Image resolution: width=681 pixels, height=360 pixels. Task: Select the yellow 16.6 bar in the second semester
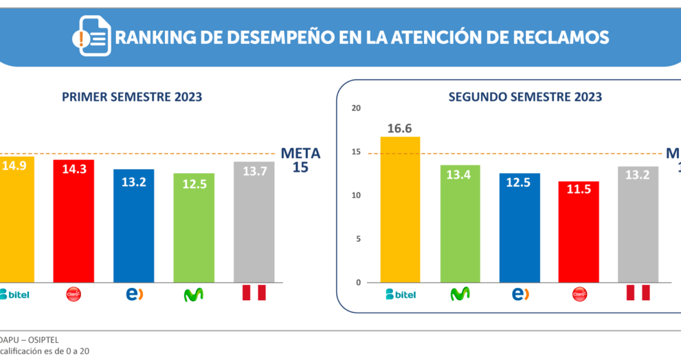point(400,210)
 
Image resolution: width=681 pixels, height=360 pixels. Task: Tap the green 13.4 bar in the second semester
point(460,224)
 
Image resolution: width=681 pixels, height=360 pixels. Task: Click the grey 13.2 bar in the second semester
point(638,225)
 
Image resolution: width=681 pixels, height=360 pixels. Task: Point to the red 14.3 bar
point(74,221)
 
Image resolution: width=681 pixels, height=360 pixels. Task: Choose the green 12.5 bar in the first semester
point(194,227)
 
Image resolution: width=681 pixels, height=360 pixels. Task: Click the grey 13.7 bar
point(254,222)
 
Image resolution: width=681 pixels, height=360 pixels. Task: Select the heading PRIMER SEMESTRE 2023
point(132,97)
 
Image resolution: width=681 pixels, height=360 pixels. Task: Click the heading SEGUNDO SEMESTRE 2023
point(525,97)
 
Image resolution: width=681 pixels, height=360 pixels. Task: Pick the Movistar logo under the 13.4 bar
point(460,293)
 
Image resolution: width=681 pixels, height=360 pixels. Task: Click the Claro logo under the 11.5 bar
point(579,294)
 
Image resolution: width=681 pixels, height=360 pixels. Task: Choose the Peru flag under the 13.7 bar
point(254,293)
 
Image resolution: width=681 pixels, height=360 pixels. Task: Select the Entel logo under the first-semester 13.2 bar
point(134,294)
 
